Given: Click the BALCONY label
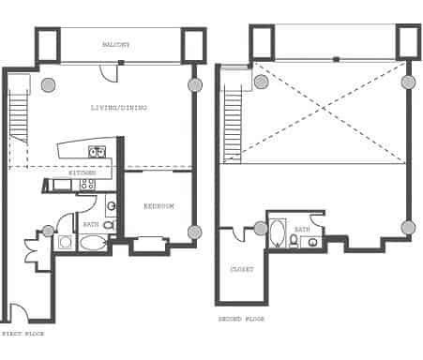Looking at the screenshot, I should pos(116,45).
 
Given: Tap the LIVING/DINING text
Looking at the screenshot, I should pos(118,108).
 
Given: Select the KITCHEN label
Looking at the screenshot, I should pos(83,173).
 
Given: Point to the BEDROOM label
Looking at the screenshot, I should pos(159,206).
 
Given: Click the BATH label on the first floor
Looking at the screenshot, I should pos(91,225).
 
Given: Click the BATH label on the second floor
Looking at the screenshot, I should pos(302,230).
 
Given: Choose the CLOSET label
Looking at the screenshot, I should pos(241,270).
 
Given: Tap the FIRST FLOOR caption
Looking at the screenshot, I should pos(22,333).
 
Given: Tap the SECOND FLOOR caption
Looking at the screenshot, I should pos(241,320).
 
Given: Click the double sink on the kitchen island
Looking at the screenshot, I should pos(96,152).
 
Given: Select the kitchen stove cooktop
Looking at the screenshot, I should pos(87,185).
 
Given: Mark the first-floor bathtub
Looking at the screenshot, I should pos(93,243).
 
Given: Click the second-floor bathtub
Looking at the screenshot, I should pos(278,233).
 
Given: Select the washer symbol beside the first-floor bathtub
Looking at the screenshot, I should pos(67,243).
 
